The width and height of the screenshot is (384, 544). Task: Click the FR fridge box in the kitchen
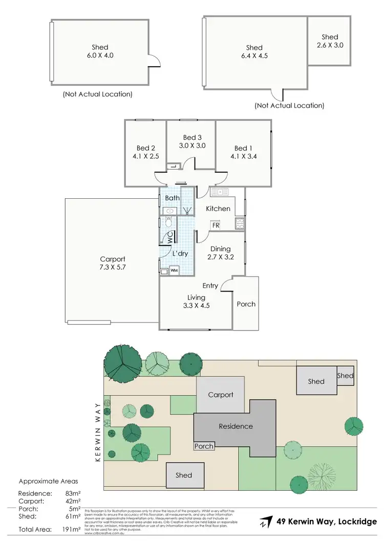[x=216, y=225]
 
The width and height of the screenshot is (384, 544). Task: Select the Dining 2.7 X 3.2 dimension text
[x=220, y=257]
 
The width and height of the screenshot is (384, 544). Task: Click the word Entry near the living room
[x=210, y=285]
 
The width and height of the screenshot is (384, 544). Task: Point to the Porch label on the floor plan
[x=246, y=304]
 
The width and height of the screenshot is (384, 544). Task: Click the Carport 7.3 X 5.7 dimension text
[x=112, y=267]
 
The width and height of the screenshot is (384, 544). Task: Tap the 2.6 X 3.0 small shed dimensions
[x=330, y=45]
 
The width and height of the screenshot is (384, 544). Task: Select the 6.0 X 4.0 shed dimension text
[x=98, y=56]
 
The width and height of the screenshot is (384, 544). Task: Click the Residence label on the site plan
[x=236, y=426]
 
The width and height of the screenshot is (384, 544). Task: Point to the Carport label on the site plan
[x=221, y=394]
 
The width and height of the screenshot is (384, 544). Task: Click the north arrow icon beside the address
[x=265, y=522]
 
